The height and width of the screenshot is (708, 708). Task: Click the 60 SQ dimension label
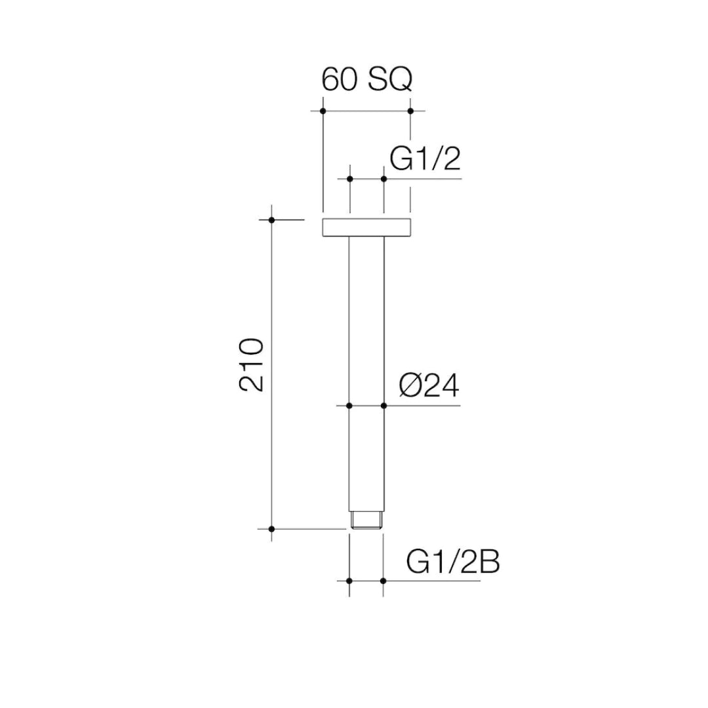pos(366,79)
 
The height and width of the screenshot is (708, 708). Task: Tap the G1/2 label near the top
pos(425,159)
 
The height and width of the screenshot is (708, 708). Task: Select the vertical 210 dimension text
pos(252,364)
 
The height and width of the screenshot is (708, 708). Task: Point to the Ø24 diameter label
pos(429,386)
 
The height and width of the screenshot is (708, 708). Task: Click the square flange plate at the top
pos(366,227)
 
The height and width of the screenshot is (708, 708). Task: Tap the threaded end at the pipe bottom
pos(366,520)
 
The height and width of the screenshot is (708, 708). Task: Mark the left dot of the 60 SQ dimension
pos(323,111)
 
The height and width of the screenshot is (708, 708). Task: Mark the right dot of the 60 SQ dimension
pos(410,111)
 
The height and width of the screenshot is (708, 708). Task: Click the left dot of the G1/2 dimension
pos(349,178)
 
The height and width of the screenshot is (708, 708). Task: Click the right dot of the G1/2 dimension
pos(383,178)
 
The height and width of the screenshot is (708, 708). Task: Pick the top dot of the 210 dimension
pos(271,220)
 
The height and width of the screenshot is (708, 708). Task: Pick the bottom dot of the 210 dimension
pos(271,528)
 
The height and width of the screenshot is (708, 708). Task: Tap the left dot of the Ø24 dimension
pos(349,406)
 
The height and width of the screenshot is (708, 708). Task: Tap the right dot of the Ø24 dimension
pos(383,406)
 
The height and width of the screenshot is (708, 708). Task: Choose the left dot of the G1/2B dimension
pos(349,581)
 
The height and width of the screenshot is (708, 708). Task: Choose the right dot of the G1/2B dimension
pos(383,581)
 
